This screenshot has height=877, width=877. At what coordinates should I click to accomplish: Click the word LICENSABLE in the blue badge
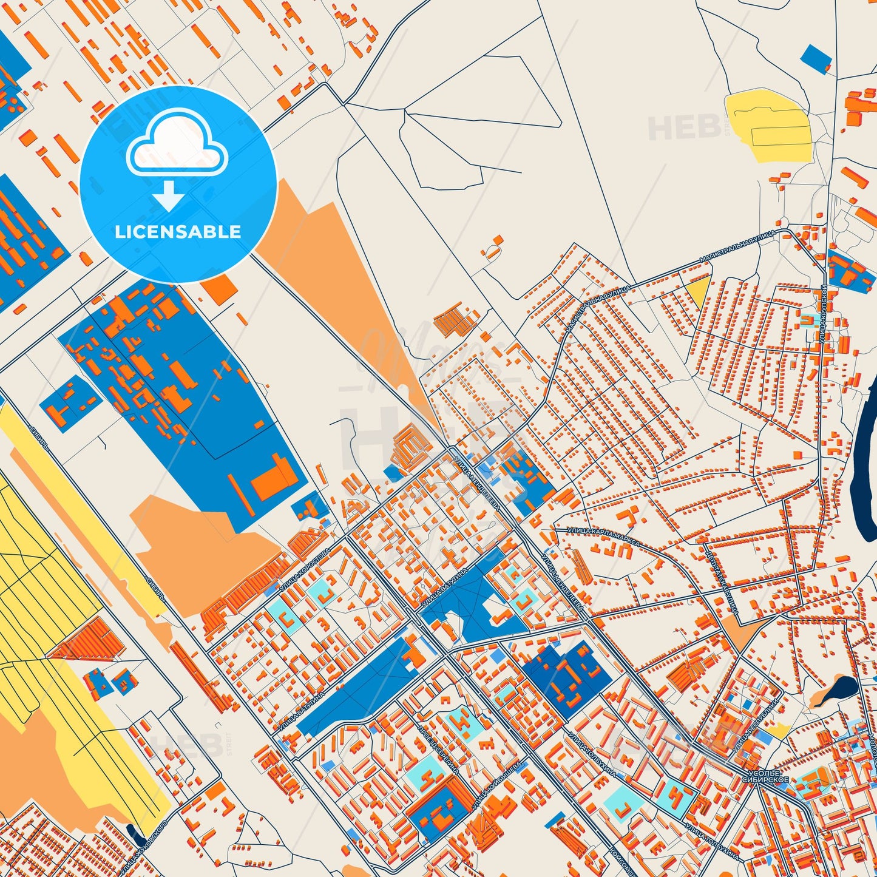[178, 232]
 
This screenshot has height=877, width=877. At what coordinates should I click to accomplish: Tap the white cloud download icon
[177, 158]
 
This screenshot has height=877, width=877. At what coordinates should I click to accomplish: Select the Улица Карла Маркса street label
[603, 537]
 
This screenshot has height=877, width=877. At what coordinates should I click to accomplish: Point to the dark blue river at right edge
[864, 449]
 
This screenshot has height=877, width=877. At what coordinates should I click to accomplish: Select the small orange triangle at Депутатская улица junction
[738, 632]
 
